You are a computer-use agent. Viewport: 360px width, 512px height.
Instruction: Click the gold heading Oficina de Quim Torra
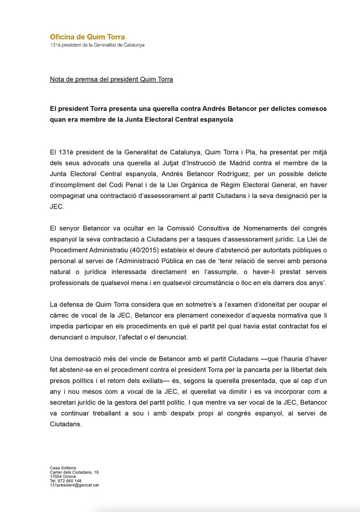tap(87, 37)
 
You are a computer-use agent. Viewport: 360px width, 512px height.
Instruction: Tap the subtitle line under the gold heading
tap(97, 45)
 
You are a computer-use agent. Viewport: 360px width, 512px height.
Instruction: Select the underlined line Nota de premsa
tap(111, 79)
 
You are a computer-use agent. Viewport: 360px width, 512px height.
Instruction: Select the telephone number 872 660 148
tap(69, 481)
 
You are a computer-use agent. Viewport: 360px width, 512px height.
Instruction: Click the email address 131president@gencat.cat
tap(74, 486)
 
